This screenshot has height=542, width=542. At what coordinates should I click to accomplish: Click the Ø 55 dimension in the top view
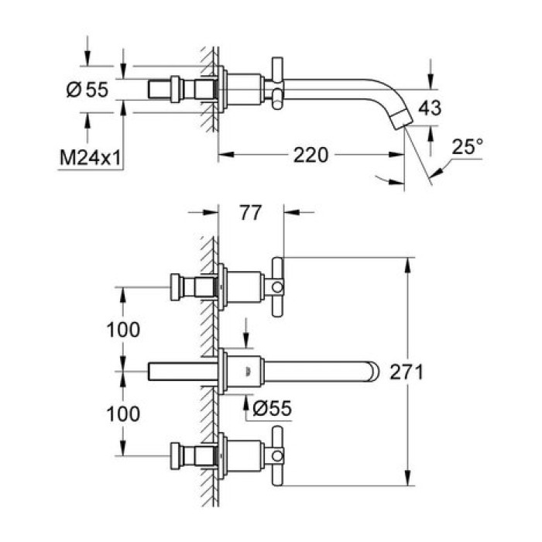tap(86, 91)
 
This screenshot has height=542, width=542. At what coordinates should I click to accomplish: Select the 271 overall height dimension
tap(438, 372)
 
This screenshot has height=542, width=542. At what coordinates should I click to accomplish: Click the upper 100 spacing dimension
tap(123, 329)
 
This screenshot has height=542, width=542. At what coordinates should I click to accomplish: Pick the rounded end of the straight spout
tap(374, 372)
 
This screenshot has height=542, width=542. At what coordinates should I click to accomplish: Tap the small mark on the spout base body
tap(248, 371)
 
